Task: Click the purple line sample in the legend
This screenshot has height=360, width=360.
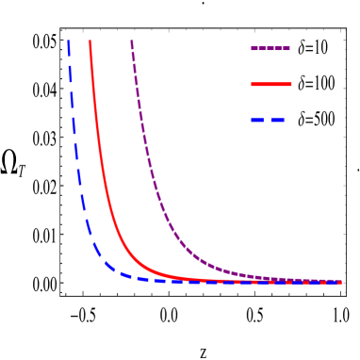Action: click(270, 48)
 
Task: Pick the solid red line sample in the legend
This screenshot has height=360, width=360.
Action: click(271, 85)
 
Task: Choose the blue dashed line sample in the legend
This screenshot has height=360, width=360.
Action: click(269, 121)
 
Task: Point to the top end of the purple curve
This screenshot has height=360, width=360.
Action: click(131, 41)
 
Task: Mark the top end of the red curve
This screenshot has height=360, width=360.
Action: click(90, 41)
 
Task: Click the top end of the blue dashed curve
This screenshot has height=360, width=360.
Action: click(69, 41)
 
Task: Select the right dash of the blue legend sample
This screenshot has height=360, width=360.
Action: click(277, 121)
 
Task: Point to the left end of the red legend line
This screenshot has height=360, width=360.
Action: click(253, 85)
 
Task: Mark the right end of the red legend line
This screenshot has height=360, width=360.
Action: click(290, 85)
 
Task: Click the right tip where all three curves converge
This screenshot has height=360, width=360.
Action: click(338, 282)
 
